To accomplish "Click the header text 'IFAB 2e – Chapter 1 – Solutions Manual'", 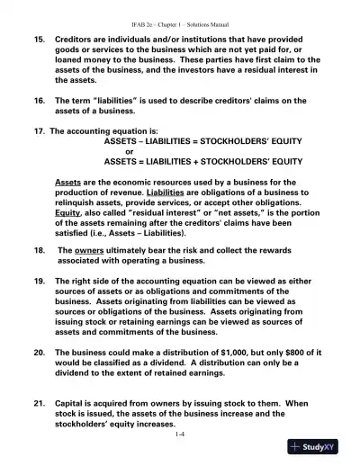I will [x=180, y=18].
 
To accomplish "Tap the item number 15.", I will [x=39, y=41].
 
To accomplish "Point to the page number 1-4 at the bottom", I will [x=180, y=434].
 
